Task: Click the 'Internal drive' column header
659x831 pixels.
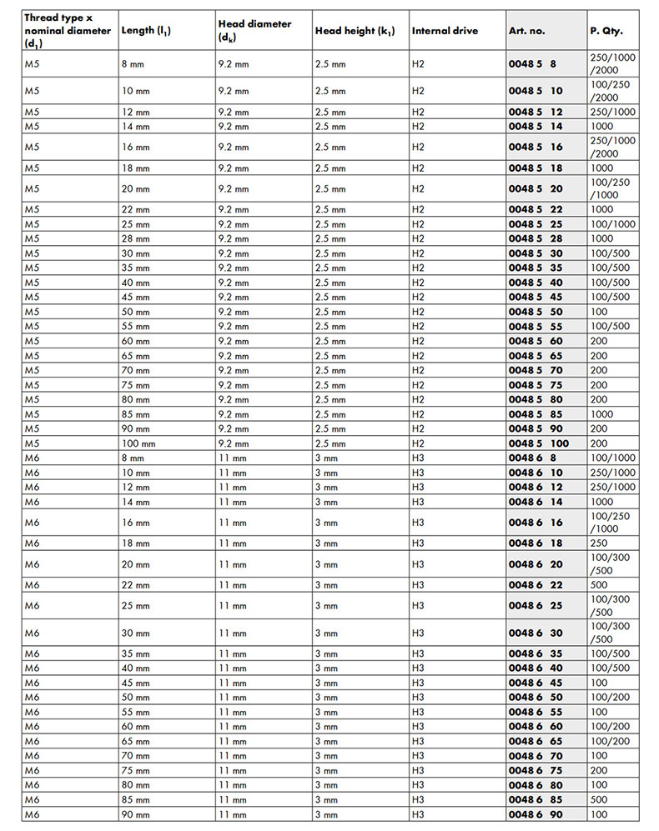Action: click(445, 31)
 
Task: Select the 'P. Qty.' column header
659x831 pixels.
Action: click(606, 31)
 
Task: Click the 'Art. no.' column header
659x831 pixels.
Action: click(526, 31)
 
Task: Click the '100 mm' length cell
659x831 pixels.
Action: click(138, 443)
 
